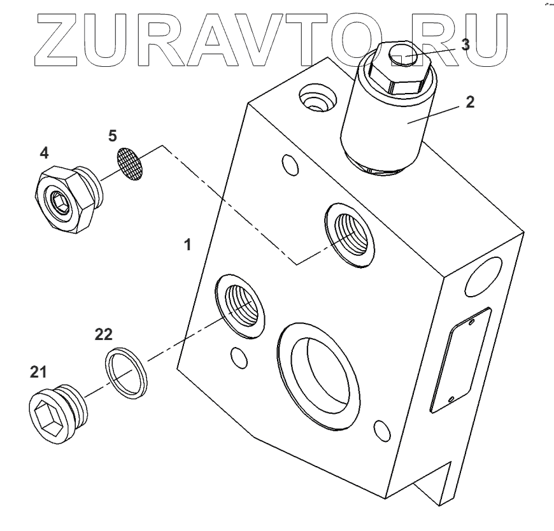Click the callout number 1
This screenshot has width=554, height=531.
tap(187, 244)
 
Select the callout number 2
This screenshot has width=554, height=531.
tap(469, 101)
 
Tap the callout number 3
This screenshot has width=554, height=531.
tap(466, 45)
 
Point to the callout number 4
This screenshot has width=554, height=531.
tap(44, 153)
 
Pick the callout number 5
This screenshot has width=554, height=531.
tap(112, 136)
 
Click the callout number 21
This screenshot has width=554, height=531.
tap(38, 372)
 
